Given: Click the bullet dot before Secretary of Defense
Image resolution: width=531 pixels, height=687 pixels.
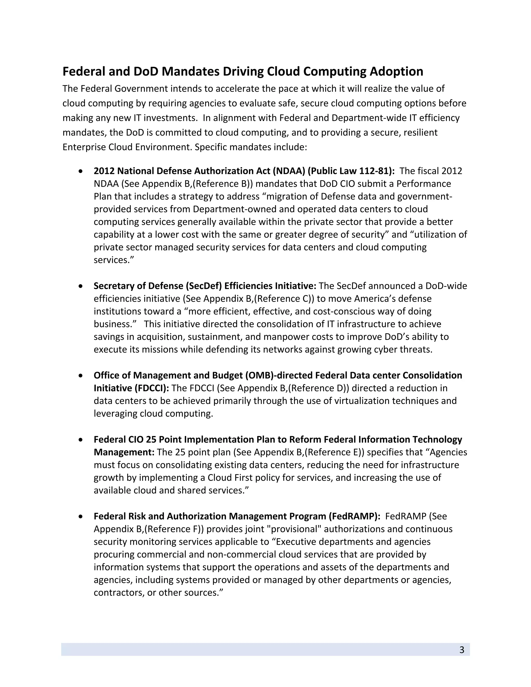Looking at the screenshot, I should [x=81, y=286].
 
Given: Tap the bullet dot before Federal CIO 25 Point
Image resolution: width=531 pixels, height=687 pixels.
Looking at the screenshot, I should [x=81, y=439].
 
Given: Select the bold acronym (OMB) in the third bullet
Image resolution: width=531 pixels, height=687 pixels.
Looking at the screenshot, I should [x=259, y=375].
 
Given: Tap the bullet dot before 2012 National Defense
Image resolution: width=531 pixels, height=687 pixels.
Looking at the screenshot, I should [x=81, y=171].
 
